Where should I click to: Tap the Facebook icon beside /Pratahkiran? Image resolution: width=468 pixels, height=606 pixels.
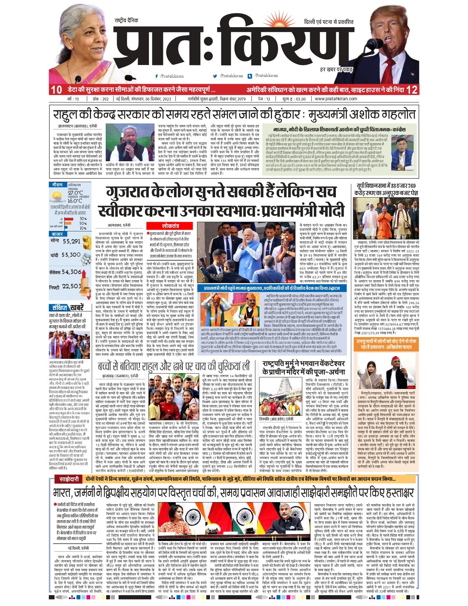(157, 76)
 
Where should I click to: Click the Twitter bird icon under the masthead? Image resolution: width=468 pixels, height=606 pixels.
(215, 76)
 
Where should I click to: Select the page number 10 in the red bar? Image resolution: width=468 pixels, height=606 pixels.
(57, 90)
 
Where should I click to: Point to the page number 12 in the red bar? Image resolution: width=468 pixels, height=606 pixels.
(412, 90)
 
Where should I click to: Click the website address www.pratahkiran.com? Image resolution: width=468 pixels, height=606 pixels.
(335, 99)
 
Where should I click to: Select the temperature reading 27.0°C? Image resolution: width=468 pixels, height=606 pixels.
(75, 192)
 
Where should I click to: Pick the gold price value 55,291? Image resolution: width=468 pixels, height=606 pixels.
(71, 241)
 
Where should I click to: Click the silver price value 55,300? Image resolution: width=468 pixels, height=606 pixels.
(71, 255)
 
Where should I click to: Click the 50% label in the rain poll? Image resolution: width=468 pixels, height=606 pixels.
(83, 223)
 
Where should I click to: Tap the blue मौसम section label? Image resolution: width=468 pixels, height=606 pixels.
(57, 185)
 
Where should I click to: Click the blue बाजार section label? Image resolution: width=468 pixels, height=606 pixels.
(57, 234)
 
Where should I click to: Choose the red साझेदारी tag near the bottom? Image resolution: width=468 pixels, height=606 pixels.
(69, 479)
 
